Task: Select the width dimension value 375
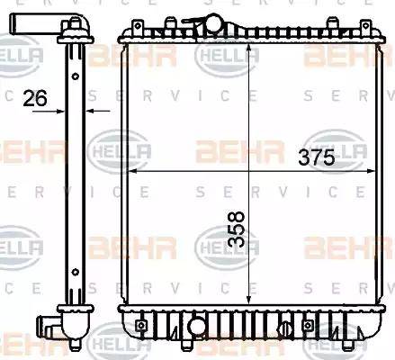[x=316, y=157]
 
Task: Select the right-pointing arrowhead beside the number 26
[x=62, y=111]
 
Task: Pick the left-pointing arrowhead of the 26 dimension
[x=91, y=111]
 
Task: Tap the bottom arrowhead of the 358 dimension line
[x=247, y=303]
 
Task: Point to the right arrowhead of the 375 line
[x=371, y=171]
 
